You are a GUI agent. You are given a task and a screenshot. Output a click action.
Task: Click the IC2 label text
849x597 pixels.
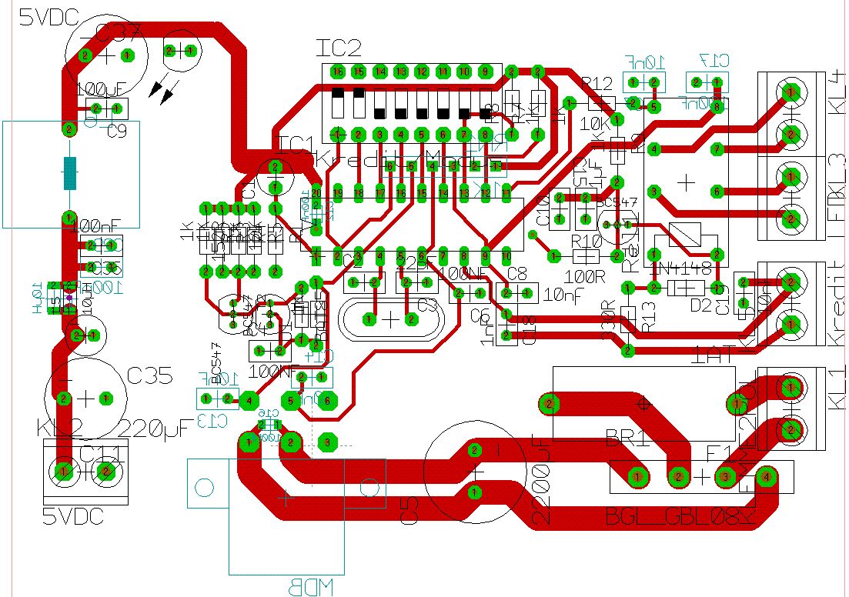tap(339, 48)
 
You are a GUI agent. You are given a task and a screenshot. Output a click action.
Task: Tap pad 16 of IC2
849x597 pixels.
tap(337, 72)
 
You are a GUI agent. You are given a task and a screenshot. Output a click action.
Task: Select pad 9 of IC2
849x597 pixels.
tap(484, 72)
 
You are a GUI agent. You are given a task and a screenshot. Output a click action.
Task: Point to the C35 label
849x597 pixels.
tap(151, 376)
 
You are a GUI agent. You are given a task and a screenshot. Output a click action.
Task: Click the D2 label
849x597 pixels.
tap(701, 305)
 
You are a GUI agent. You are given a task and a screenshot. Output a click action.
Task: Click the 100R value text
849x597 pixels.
tap(585, 275)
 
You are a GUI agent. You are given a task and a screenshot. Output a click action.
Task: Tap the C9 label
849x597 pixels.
tap(117, 132)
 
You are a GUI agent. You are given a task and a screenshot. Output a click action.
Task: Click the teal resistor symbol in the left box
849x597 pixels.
tap(70, 173)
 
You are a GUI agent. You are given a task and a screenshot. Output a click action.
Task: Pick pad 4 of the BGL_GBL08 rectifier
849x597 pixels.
tap(765, 478)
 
